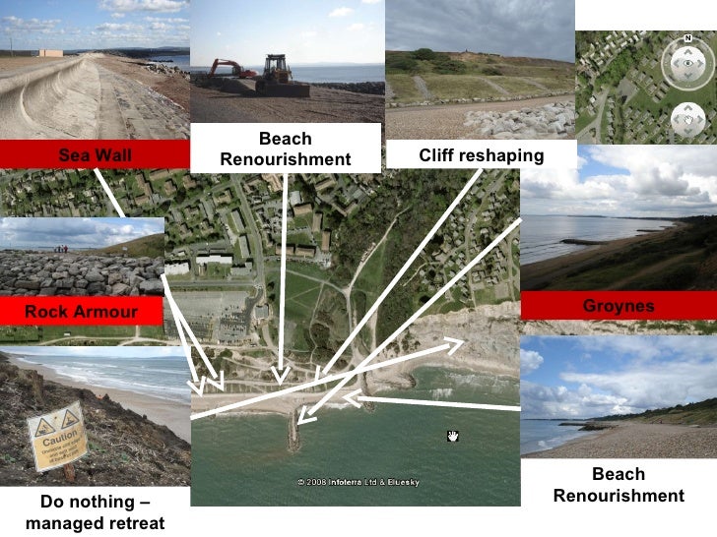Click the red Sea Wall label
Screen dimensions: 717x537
pos(95,154)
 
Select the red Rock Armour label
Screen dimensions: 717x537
pos(81,312)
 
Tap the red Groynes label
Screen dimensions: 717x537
pos(618,306)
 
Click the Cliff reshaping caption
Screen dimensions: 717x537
pos(481,155)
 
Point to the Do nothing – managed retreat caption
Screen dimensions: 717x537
pos(95,512)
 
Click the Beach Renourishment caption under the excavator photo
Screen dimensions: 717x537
pos(285,149)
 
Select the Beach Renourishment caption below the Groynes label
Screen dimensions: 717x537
pos(618,485)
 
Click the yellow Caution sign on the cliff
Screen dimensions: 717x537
pos(56,438)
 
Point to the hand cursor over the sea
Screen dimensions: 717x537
pos(453,436)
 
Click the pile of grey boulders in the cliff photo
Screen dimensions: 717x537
pos(512,120)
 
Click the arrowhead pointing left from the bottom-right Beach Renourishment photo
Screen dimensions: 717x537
pos(349,398)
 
